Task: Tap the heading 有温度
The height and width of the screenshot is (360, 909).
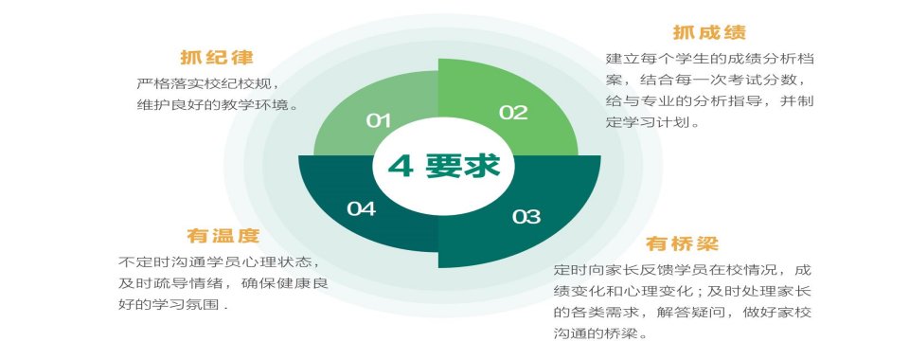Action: coord(222,235)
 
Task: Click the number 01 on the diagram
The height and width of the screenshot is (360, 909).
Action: coord(379,120)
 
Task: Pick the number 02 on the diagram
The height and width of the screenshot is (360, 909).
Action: coord(513,113)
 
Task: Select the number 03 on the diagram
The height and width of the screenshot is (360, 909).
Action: coord(526,217)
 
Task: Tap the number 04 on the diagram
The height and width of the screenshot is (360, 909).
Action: coord(361,208)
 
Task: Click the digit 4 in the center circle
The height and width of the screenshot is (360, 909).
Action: coord(401,166)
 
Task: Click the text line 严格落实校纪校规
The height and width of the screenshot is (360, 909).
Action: coord(209,83)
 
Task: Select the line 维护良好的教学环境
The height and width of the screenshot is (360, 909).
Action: coord(217,104)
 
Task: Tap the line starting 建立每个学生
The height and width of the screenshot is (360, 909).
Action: coord(711,59)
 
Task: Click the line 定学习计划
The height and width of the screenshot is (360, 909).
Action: coord(653,123)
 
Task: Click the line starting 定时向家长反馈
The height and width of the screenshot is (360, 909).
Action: coord(682,270)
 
